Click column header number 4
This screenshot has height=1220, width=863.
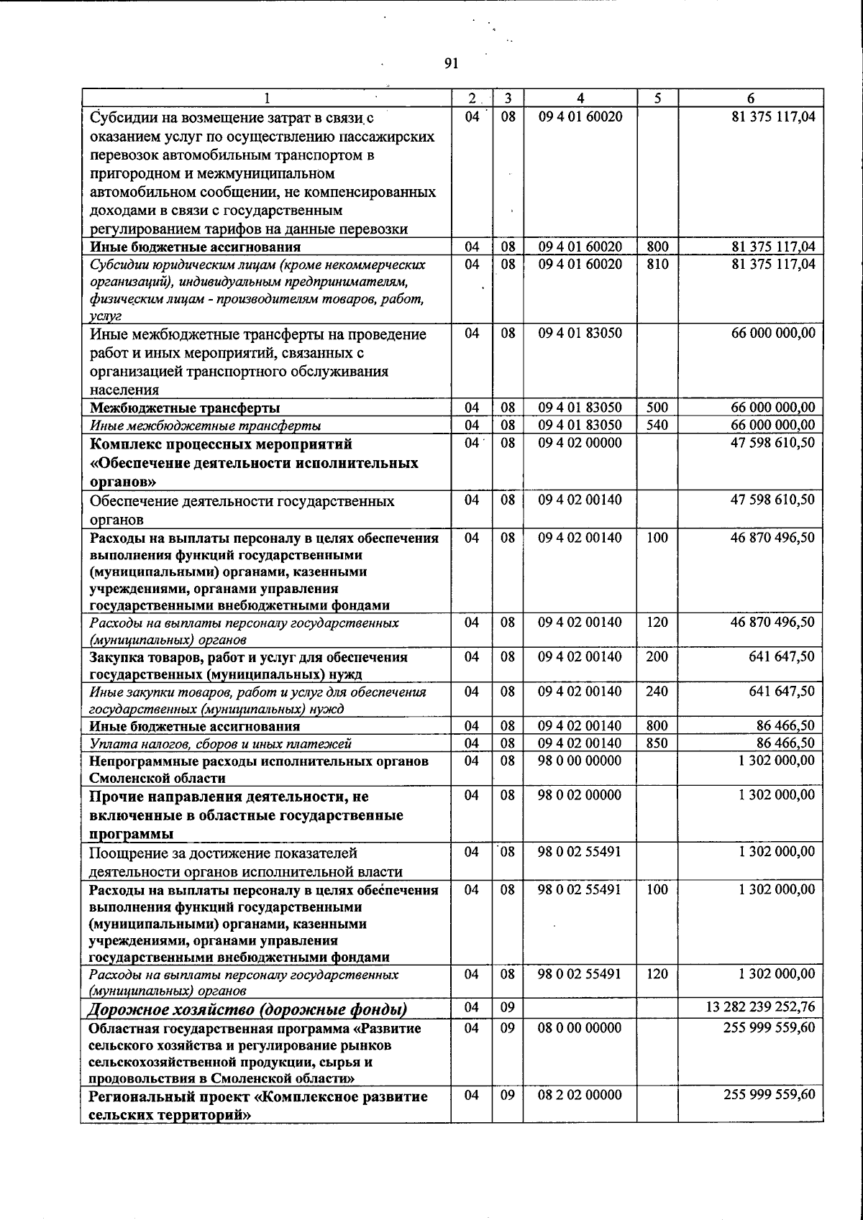pos(580,98)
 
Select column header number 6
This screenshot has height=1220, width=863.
pos(750,98)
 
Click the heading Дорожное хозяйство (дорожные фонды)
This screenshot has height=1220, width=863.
pos(247,1009)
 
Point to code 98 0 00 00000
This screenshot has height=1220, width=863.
pos(580,761)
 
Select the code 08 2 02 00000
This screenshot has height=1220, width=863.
pos(580,1095)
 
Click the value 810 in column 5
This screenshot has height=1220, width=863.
pos(657,265)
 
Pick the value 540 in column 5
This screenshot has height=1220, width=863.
pos(657,426)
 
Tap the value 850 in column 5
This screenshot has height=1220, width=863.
pos(657,743)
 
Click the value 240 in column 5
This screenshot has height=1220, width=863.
pos(657,692)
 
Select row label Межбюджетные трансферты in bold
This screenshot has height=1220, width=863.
pos(185,408)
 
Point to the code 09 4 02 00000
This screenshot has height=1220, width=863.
pos(580,443)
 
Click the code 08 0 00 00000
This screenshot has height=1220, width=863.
pos(580,1028)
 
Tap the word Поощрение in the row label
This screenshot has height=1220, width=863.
pos(127,853)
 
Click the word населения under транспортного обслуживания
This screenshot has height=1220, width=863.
pos(124,390)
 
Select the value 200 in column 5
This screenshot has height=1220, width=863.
pos(657,657)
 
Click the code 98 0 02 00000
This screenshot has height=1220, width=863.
pos(580,795)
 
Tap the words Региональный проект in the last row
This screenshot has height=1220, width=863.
pos(170,1097)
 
